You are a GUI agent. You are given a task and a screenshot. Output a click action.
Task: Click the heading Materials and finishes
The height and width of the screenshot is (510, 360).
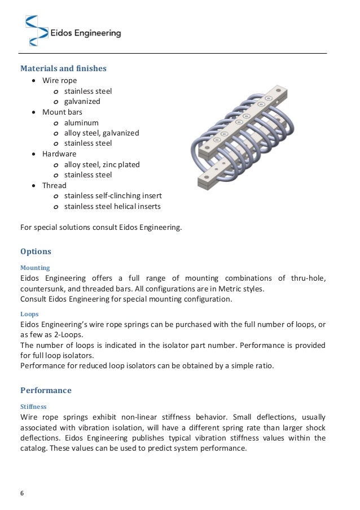click(63, 68)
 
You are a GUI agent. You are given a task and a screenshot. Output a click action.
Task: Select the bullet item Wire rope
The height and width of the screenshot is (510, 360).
click(60, 80)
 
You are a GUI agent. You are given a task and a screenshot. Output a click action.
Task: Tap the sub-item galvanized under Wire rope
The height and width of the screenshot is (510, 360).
click(82, 101)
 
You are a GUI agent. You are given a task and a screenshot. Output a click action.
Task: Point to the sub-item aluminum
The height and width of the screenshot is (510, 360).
click(81, 123)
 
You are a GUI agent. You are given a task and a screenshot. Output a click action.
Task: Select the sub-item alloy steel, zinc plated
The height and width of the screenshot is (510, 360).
click(102, 164)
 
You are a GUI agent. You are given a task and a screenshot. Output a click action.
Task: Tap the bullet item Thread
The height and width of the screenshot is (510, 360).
click(55, 185)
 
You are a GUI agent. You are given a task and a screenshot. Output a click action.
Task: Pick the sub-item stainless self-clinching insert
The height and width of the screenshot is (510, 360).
click(113, 196)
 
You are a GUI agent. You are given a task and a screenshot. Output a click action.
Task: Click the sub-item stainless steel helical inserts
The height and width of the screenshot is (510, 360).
click(112, 206)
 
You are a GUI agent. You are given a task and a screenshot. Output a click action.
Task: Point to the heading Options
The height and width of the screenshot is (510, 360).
click(36, 251)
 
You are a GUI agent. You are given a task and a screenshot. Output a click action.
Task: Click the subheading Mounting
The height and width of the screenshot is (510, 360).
click(35, 267)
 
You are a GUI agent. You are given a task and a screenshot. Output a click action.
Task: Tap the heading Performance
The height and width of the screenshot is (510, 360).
click(46, 390)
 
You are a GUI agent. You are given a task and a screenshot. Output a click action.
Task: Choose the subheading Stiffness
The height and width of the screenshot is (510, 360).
click(33, 406)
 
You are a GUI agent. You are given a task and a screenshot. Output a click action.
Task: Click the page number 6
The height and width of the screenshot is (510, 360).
click(22, 494)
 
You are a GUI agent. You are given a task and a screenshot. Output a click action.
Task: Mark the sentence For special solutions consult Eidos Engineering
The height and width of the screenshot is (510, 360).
click(101, 228)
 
